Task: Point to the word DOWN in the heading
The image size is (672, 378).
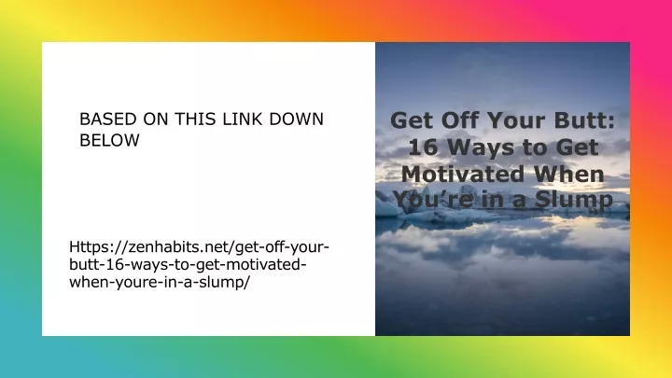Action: coord(296,119)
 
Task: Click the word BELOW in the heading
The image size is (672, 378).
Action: coord(110,141)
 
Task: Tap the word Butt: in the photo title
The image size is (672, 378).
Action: coord(584,120)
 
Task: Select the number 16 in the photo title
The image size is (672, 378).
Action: coord(424,147)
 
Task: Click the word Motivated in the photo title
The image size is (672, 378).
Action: coord(463,175)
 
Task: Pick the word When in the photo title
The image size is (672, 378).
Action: coord(568,175)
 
